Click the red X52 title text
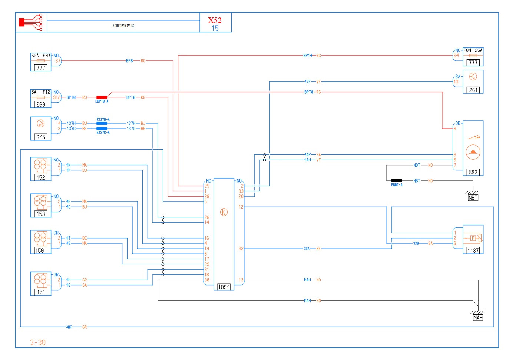tap(215, 20)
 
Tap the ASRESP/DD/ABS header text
tap(123, 26)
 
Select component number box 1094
tap(224, 287)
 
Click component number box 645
tap(41, 137)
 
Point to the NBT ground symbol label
tap(473, 198)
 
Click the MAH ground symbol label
tap(478, 318)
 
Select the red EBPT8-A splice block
tap(102, 97)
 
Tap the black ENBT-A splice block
tap(397, 181)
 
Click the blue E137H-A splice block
tap(102, 123)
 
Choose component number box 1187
tap(473, 250)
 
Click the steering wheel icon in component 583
tap(473, 152)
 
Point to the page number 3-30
tap(38, 343)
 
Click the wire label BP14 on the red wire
tap(308, 56)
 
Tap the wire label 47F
tap(307, 82)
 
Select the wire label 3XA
tap(307, 249)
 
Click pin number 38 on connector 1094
tap(207, 280)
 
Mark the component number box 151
tap(41, 292)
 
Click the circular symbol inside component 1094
tap(224, 212)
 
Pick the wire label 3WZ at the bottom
tap(69, 327)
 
